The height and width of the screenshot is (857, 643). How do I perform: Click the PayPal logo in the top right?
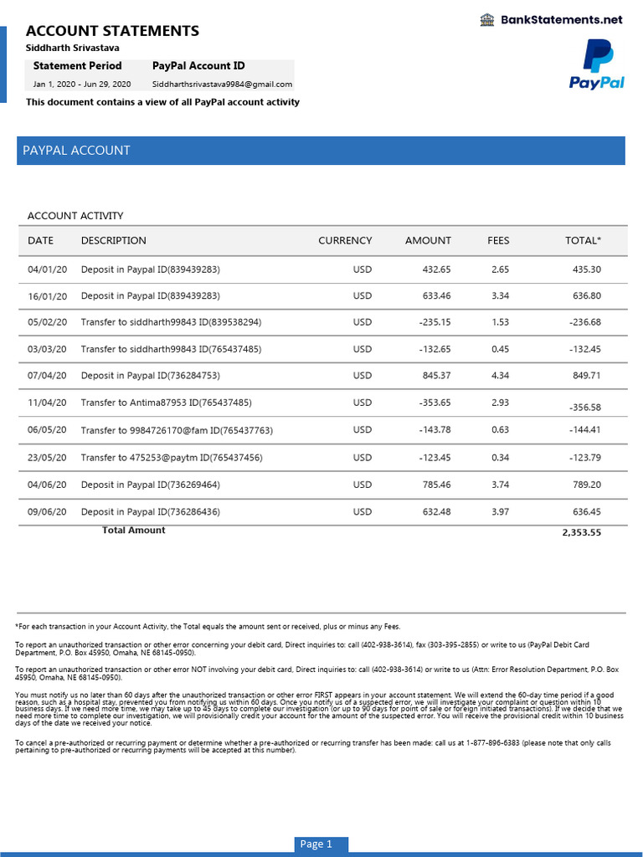597,64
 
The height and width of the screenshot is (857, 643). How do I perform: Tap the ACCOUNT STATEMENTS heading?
112,31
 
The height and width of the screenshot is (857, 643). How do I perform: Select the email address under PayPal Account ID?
222,84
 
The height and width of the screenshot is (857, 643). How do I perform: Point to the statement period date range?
82,84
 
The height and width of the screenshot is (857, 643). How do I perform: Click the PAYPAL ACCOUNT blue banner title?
76,151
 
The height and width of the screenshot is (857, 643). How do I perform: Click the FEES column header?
498,240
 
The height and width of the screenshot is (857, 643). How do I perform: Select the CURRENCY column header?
345,240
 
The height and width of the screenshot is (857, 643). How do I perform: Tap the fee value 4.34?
501,376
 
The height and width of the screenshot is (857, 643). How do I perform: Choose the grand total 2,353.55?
581,532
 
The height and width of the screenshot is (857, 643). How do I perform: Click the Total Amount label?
133,530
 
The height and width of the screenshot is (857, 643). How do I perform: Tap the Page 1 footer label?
316,844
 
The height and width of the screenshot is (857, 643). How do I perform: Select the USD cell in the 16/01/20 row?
362,295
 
